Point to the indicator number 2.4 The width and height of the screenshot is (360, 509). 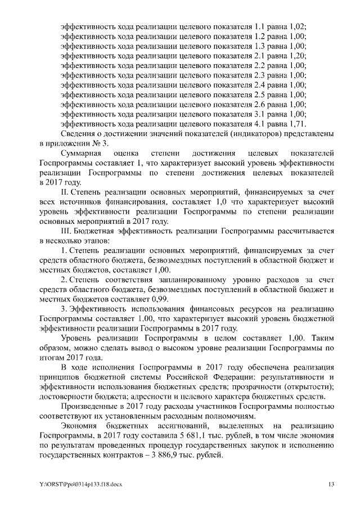click(x=259, y=85)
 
